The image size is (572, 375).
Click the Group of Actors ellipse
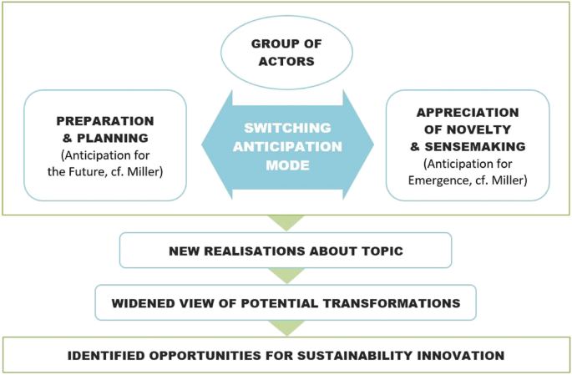[286, 52]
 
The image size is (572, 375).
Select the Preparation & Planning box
[105, 144]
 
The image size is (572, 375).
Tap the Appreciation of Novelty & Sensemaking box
[468, 144]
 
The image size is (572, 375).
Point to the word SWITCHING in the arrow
[286, 128]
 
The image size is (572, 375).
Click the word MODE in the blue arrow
[286, 165]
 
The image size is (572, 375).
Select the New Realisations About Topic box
[286, 250]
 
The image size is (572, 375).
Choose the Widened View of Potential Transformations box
[286, 302]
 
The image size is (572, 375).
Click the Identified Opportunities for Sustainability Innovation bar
[286, 355]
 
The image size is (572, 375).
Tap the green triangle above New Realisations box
[286, 223]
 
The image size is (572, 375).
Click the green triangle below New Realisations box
[286, 276]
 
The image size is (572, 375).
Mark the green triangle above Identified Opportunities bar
[286, 328]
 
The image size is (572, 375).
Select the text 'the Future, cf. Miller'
[105, 173]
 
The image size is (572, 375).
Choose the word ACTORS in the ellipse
[286, 60]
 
